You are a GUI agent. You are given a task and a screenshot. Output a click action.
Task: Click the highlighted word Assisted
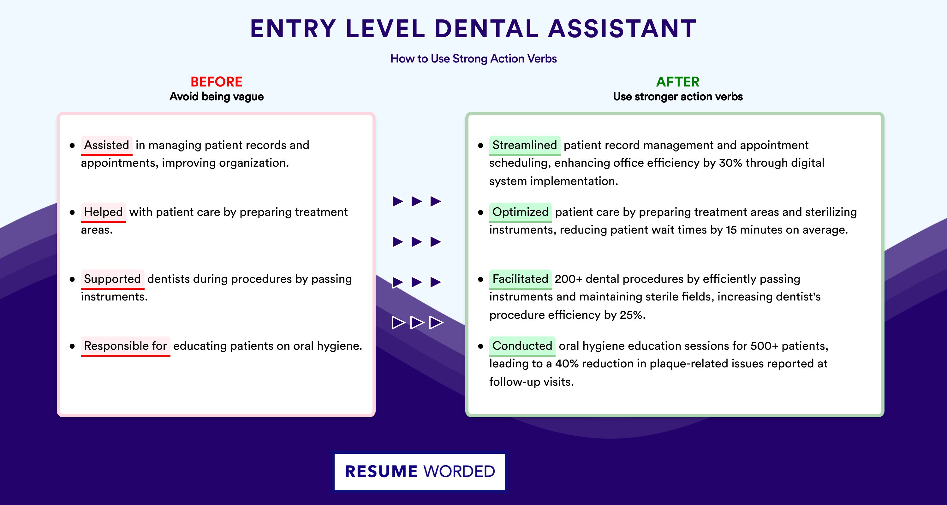click(107, 145)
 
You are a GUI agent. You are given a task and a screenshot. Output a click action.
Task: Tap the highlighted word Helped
click(103, 212)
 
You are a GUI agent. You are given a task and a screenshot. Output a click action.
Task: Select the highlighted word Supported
click(112, 279)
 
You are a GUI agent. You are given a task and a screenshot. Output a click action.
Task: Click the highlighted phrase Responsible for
click(125, 346)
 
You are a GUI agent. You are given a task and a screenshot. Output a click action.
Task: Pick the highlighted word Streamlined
click(525, 145)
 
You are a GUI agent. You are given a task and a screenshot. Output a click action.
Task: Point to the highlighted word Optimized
click(520, 212)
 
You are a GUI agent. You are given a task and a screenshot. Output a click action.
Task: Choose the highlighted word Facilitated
click(520, 279)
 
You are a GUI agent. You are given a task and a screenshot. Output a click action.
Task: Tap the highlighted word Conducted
click(522, 346)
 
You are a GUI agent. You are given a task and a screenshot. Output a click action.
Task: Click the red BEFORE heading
click(217, 82)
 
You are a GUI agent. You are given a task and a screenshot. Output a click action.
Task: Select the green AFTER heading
click(678, 82)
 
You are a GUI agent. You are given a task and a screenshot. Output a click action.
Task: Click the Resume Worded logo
click(420, 472)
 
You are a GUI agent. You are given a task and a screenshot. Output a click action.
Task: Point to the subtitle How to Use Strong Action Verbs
click(473, 58)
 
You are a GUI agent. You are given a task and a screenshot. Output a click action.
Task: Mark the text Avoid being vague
click(217, 97)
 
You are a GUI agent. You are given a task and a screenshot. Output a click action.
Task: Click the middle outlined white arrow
click(417, 322)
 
